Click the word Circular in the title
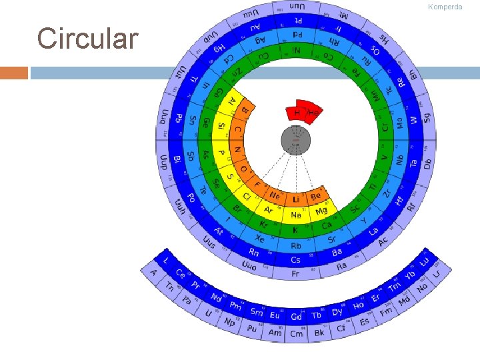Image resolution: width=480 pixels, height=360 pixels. pos(88,38)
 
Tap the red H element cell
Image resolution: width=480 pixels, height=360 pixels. pos(297,112)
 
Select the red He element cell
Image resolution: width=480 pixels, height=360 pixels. pos(312,113)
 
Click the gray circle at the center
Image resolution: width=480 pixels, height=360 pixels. pos(296,140)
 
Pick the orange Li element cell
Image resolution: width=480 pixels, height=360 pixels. pos(296,199)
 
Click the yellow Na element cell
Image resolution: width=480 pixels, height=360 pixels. pos(296,215)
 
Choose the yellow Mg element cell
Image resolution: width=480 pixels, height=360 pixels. pos(321,211)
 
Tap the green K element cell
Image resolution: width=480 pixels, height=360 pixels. pos(296,230)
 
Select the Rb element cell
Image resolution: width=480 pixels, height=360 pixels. pos(296,245)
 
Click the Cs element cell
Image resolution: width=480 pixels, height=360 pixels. pos(296,260)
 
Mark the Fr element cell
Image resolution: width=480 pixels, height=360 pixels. pos(296,274)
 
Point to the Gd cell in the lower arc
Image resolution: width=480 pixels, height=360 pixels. pos(296,317)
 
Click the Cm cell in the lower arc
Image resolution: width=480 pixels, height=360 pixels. pos(296,333)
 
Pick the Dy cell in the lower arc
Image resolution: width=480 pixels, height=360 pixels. pos(337,311)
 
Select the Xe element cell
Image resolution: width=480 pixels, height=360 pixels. pos(260,238)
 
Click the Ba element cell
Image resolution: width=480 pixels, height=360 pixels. pos(337,251)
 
